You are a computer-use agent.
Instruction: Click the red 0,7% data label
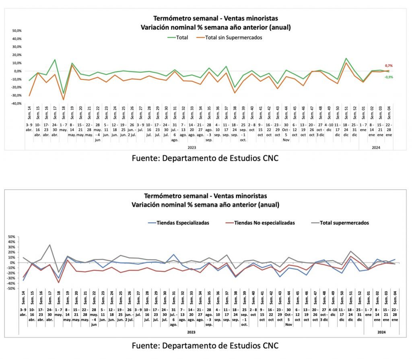coord(389,66)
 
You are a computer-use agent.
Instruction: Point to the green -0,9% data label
coord(389,77)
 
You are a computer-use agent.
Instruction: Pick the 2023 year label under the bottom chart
coord(191,333)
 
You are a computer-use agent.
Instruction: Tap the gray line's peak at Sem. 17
coord(49,245)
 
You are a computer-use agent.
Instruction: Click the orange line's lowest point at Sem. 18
coord(63,100)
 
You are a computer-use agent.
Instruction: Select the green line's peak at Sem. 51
coord(346,58)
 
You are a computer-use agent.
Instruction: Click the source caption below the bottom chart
coord(205,345)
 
